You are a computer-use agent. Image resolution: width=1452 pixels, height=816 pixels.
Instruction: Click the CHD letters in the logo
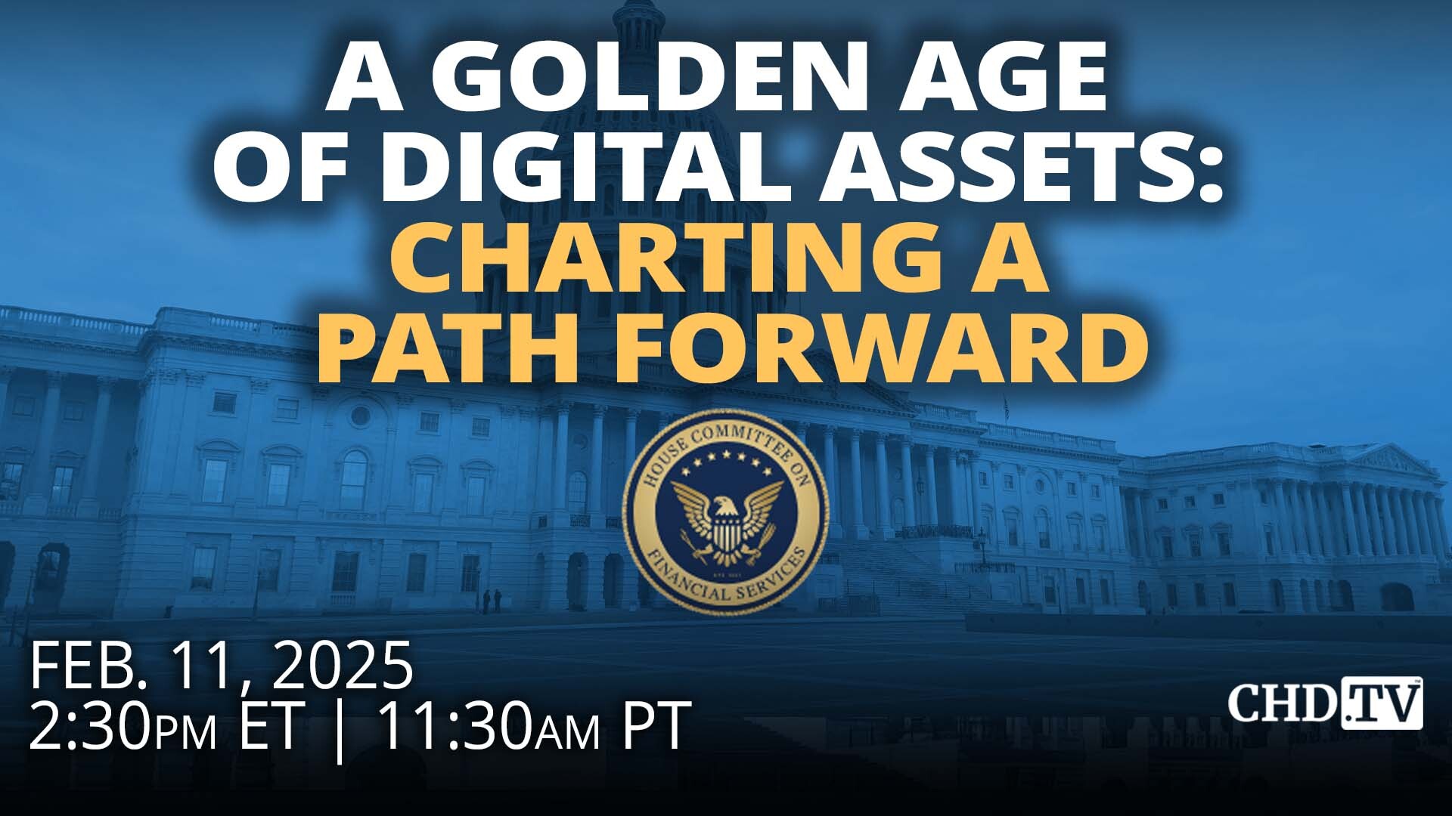1283,703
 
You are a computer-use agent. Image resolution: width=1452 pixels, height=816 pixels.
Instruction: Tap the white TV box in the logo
1382,703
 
